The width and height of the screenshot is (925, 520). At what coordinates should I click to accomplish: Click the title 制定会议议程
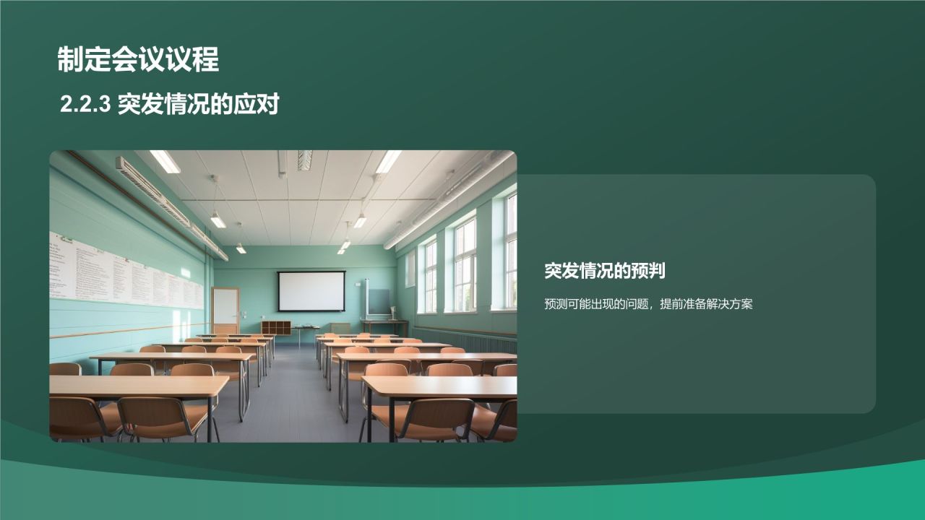click(x=138, y=60)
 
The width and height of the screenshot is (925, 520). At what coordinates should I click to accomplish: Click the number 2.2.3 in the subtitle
click(x=85, y=105)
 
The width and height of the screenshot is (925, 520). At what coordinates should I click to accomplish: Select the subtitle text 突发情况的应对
click(x=198, y=105)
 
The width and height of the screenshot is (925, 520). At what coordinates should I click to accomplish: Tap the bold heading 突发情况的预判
click(x=604, y=271)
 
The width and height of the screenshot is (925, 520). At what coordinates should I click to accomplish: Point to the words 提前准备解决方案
click(x=706, y=305)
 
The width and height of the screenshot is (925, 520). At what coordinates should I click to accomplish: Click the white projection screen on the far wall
click(x=311, y=291)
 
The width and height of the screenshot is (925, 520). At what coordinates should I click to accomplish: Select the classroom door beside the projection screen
click(x=225, y=311)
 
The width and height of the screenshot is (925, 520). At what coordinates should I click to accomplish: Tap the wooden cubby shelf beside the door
click(x=275, y=327)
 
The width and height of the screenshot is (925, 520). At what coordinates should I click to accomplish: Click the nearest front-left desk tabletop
click(x=137, y=386)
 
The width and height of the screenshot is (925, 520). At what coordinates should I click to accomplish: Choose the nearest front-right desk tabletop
click(x=441, y=388)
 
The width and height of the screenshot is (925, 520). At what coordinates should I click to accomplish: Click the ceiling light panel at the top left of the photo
click(x=165, y=161)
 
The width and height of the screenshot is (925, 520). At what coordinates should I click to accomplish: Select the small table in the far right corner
click(x=384, y=325)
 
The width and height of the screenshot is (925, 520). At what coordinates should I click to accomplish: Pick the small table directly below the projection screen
click(x=306, y=331)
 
